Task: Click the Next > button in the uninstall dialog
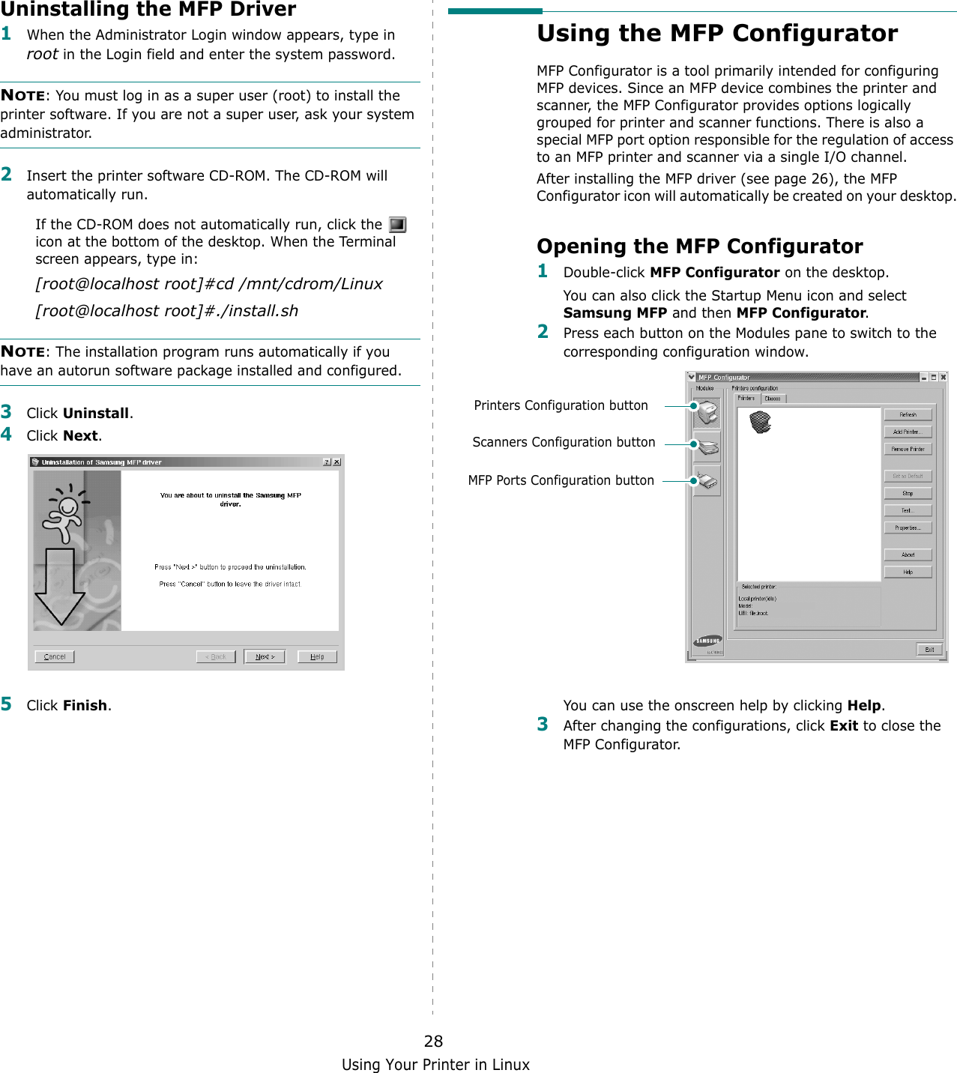point(265,656)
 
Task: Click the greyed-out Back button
point(216,656)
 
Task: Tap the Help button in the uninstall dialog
point(317,656)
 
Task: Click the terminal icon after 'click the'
point(397,225)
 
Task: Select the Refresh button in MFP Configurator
point(908,414)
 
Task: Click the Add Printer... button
point(908,432)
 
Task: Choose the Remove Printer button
point(908,449)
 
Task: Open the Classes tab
point(773,399)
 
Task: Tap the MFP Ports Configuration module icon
point(707,481)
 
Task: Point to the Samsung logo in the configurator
point(707,641)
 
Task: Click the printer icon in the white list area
point(760,422)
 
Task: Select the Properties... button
point(908,528)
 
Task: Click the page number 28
point(433,1041)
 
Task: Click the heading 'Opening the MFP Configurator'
point(699,247)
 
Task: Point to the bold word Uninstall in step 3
point(96,413)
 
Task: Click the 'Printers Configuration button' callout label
point(561,405)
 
